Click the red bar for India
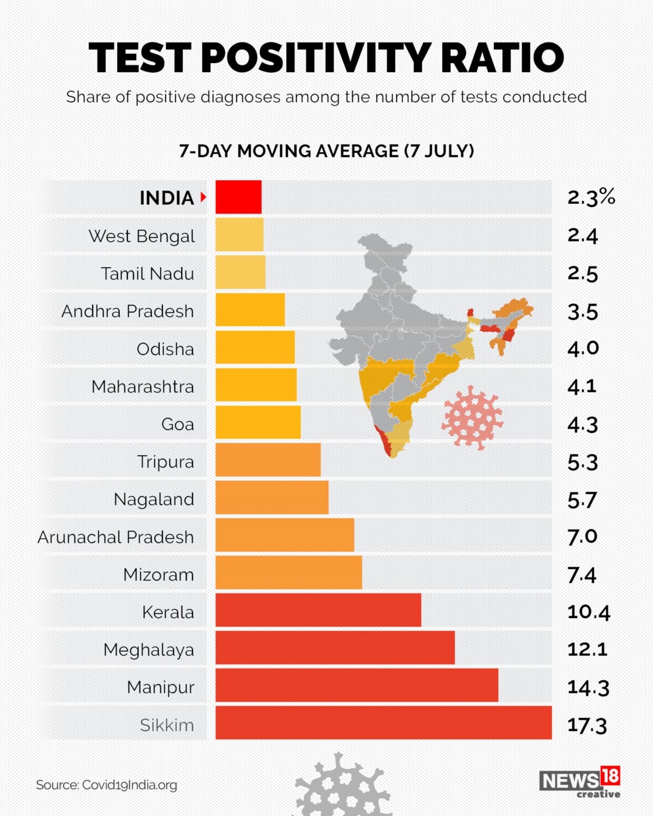(x=238, y=197)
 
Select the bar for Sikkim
(x=384, y=722)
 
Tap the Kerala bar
(x=318, y=610)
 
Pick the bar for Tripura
(x=268, y=460)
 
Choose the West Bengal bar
(x=239, y=234)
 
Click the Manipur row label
(x=161, y=687)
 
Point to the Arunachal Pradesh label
(x=116, y=537)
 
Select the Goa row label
(x=177, y=424)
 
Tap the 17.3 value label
(x=587, y=725)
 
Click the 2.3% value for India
(x=591, y=197)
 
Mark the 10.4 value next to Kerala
(x=588, y=612)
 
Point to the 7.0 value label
(x=582, y=537)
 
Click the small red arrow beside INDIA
(x=204, y=197)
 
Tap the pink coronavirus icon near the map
(x=472, y=417)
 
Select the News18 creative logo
(x=580, y=782)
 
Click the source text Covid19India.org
(x=107, y=785)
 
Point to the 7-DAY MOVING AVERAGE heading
(x=326, y=151)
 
